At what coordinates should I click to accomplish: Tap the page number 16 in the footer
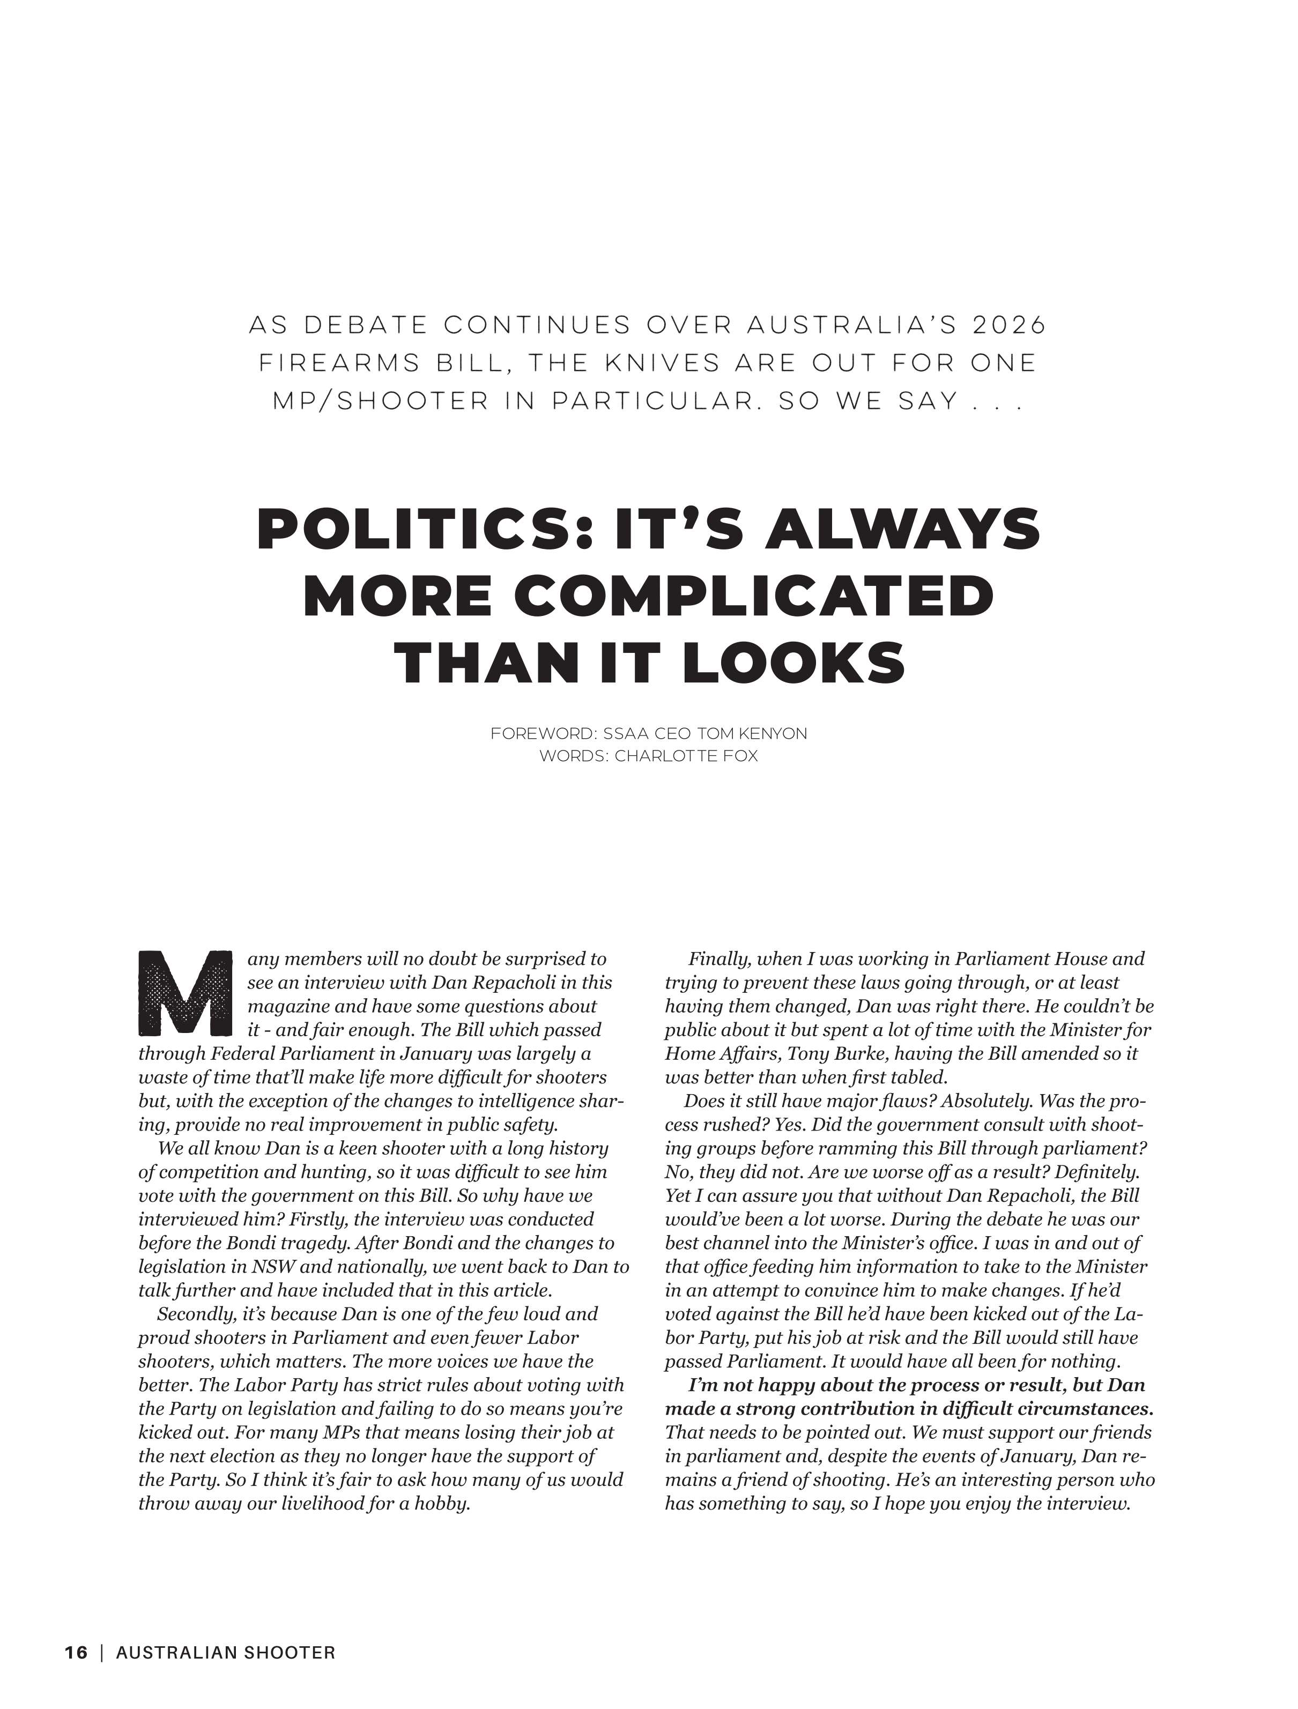pos(76,1653)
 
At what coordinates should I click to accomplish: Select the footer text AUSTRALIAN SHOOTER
pos(226,1653)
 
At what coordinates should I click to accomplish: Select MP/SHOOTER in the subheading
pos(381,402)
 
